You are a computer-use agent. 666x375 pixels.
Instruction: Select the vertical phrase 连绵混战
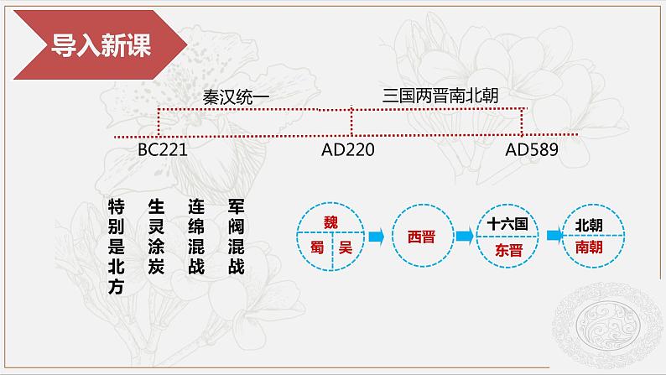(x=196, y=237)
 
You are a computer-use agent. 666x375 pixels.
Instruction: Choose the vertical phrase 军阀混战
(x=237, y=237)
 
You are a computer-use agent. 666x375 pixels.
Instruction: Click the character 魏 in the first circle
(x=332, y=221)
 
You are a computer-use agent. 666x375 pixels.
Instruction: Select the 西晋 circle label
(x=421, y=237)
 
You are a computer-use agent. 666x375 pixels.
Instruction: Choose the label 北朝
(x=588, y=225)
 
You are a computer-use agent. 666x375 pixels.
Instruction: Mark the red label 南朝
(x=588, y=249)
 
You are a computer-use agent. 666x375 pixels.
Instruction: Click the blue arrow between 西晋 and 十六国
(x=464, y=237)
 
